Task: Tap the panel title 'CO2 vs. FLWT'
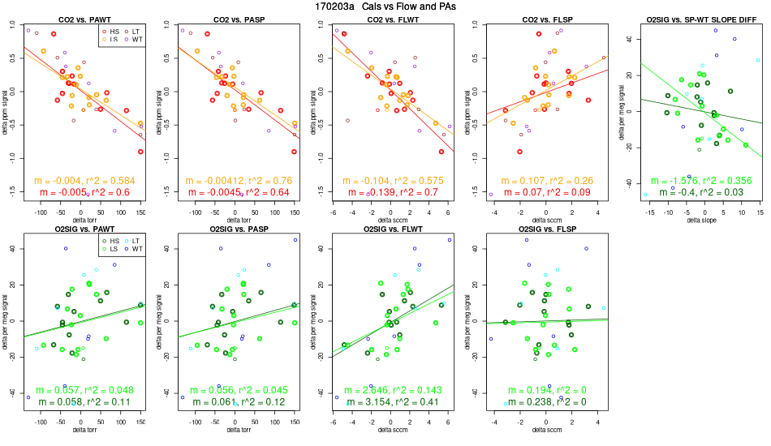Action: coord(390,18)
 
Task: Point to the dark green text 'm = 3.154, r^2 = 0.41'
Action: coord(390,401)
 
